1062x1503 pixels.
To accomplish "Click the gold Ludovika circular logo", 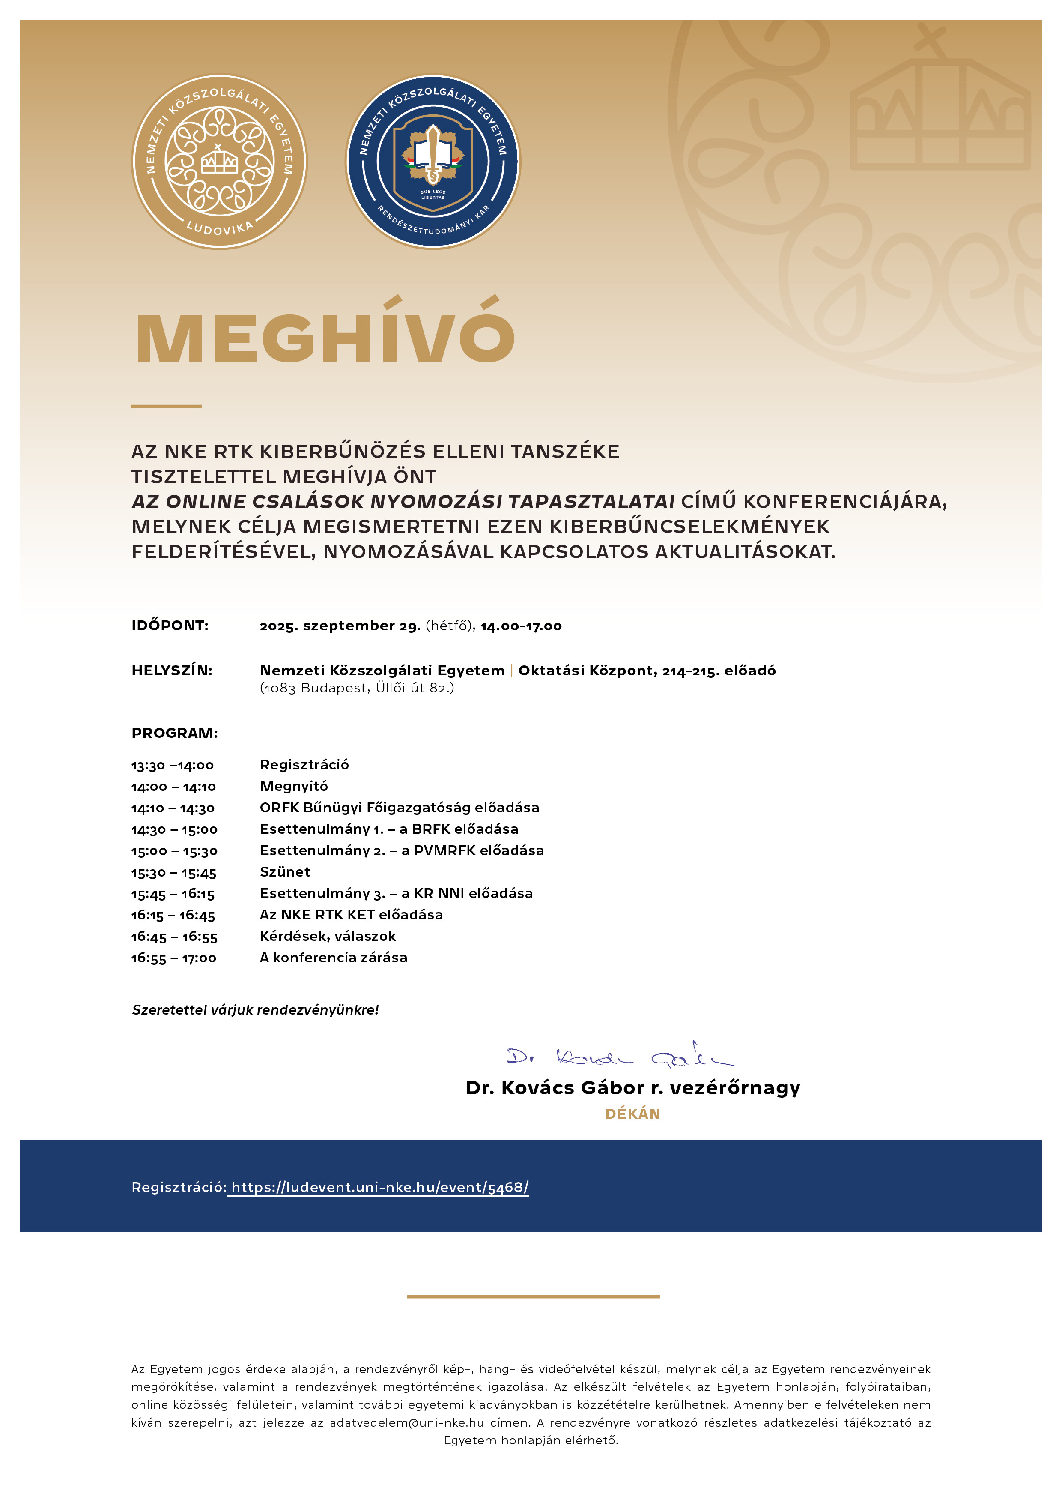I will point(219,161).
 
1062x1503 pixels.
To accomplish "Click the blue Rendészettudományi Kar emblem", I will point(433,161).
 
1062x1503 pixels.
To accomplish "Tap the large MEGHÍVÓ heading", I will point(325,337).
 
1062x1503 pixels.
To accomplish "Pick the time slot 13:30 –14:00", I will point(173,765).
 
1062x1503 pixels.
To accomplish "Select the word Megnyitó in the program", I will point(294,786).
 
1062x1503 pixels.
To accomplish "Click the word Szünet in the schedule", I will point(285,872).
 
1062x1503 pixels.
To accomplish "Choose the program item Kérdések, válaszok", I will point(328,936).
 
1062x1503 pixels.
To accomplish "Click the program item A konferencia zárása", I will point(334,958).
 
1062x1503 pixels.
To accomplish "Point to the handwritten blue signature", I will point(620,1056).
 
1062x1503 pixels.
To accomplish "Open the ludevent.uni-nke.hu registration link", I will point(379,1187).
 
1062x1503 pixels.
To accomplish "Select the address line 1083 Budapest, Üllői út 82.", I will point(357,688).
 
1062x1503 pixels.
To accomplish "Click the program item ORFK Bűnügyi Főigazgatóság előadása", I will point(399,808).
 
